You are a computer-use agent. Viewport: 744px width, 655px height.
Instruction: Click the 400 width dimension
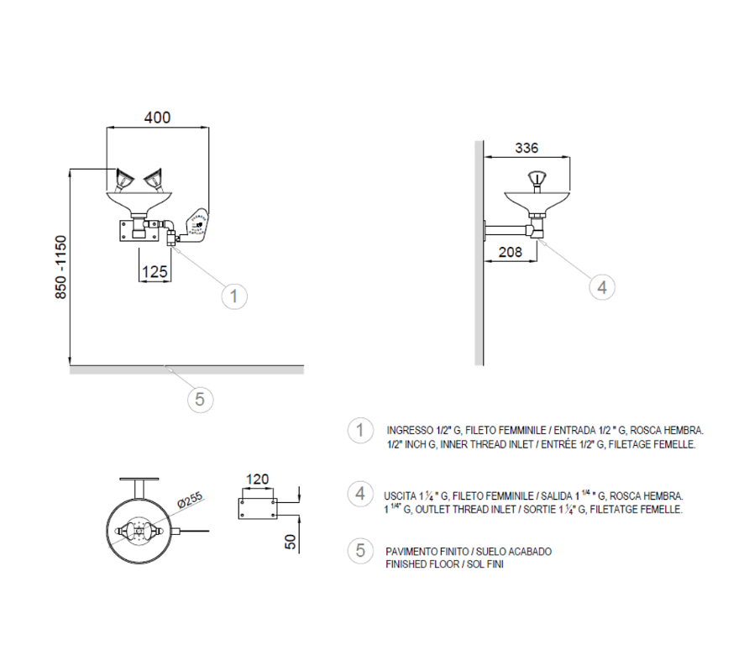pos(157,118)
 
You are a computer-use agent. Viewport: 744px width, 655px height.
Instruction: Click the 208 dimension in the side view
pos(510,251)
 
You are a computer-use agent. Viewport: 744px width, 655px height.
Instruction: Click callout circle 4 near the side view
pos(600,287)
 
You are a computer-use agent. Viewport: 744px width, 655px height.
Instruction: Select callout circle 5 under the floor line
pos(199,399)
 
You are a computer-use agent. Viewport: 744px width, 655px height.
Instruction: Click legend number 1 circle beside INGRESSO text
pos(360,431)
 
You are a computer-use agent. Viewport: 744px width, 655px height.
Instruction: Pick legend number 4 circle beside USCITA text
pos(360,493)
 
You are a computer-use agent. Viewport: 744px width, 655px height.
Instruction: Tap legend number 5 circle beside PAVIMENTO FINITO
pos(360,550)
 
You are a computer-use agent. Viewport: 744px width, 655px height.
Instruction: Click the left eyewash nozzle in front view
pos(123,179)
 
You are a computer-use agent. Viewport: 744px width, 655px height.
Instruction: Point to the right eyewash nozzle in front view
pos(153,179)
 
